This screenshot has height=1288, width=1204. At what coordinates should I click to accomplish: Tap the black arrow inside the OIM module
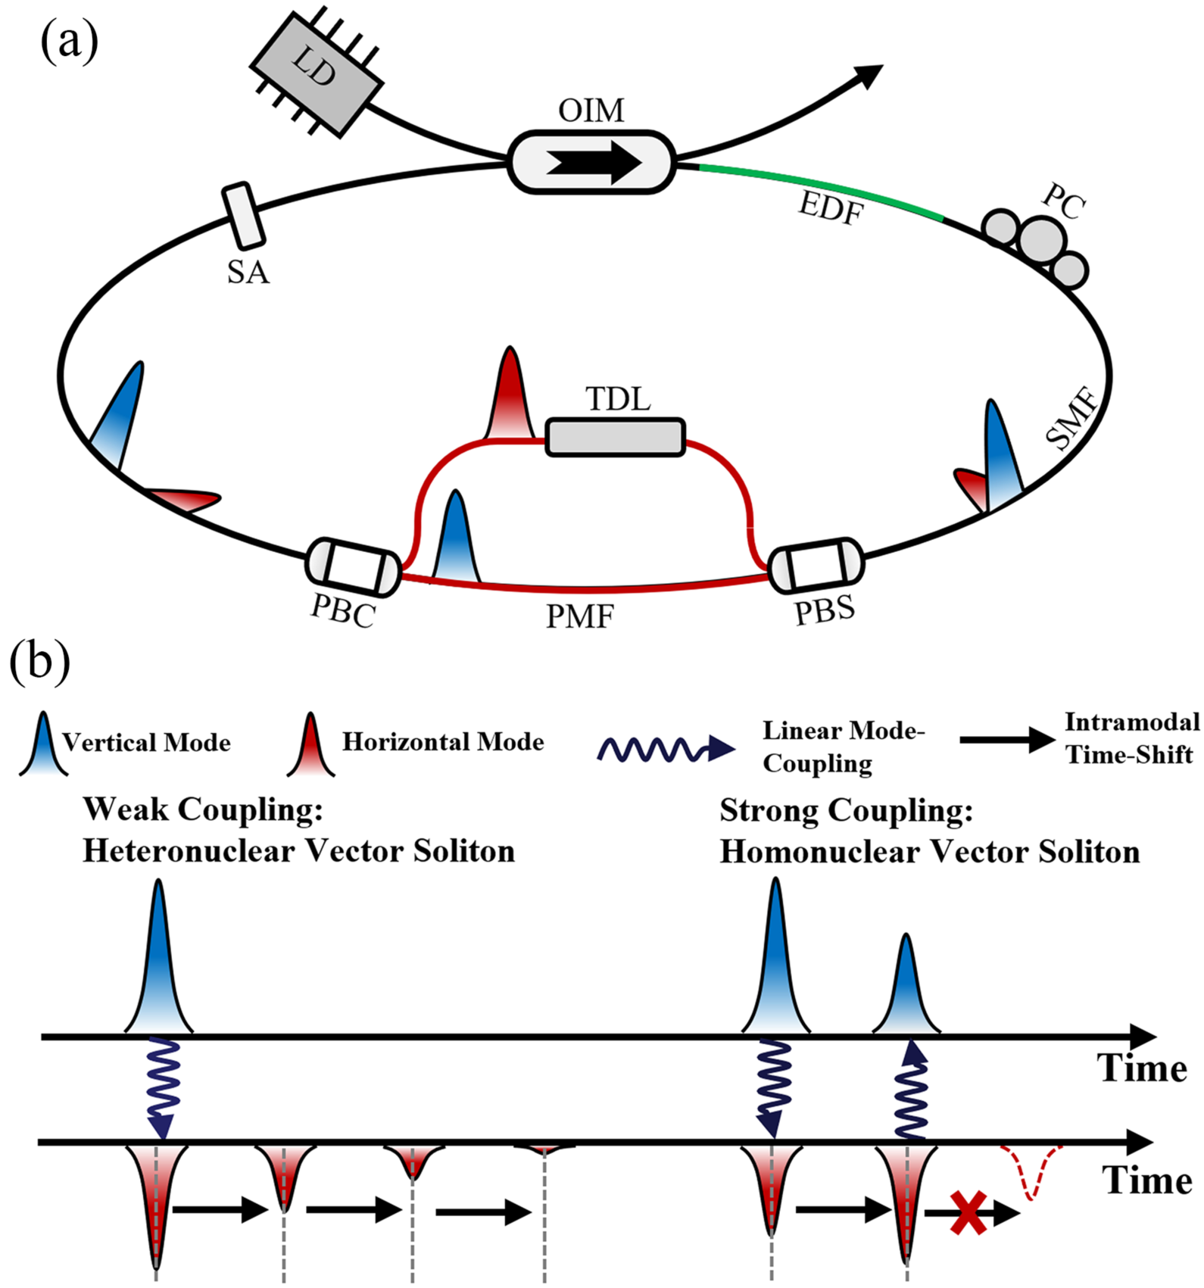coord(594,162)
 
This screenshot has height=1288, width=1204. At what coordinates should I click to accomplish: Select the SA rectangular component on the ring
coord(243,216)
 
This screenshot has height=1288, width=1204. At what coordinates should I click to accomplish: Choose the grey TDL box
coord(615,438)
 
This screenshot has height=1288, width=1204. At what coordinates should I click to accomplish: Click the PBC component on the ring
coord(353,566)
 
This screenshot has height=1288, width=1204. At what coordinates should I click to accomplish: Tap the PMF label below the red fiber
coord(580,618)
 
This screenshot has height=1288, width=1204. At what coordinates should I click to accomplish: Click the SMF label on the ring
coord(1072,418)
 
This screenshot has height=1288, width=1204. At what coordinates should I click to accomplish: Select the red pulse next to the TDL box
coord(510,398)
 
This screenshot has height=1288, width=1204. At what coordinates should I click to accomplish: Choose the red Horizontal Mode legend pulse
coord(310,746)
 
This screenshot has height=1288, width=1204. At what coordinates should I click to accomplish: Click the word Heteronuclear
coord(189,851)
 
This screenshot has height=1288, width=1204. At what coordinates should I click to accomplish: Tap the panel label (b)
coord(39,660)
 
